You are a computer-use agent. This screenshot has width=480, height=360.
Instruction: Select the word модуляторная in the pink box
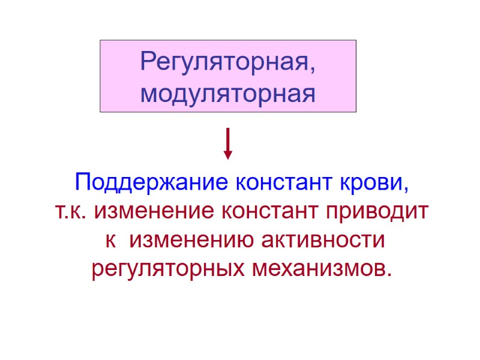click(228, 94)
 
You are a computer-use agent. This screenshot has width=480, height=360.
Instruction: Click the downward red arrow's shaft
click(228, 139)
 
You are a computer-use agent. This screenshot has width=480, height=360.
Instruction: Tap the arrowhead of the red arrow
click(228, 155)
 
